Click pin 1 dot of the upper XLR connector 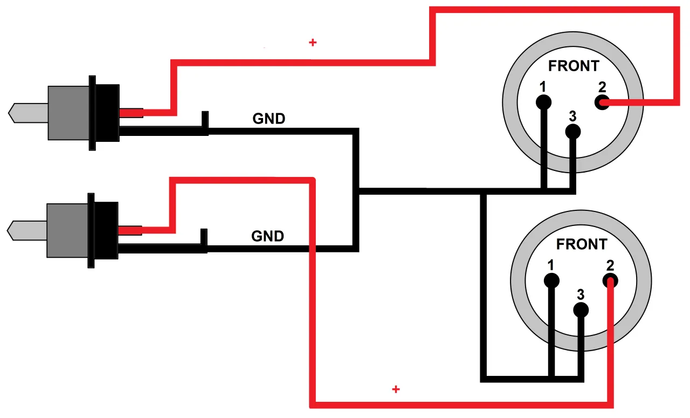pos(543,102)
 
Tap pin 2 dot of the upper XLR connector pos(602,102)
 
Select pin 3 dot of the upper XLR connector pos(572,131)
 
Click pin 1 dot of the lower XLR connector pos(551,280)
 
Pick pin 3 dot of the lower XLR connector pos(581,310)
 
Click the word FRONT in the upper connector pos(574,66)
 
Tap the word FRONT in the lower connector pos(581,244)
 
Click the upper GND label pos(269,119)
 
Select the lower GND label pos(268,236)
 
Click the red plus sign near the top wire pos(313,42)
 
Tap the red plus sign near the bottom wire pos(396,389)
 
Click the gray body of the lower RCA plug pos(67,230)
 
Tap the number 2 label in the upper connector pos(602,87)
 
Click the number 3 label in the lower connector pos(581,295)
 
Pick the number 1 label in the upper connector pos(543,86)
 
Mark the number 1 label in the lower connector pos(550,265)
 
